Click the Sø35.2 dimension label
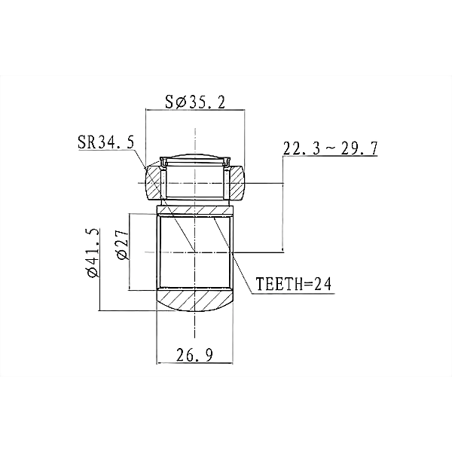(x=195, y=102)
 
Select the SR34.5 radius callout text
(x=105, y=142)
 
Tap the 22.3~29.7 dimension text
(x=331, y=148)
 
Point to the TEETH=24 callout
(x=294, y=284)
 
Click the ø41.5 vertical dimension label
(x=94, y=253)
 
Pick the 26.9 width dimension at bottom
(x=194, y=355)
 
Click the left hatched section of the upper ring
(x=153, y=183)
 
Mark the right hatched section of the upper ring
(x=237, y=183)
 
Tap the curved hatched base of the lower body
(x=194, y=301)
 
